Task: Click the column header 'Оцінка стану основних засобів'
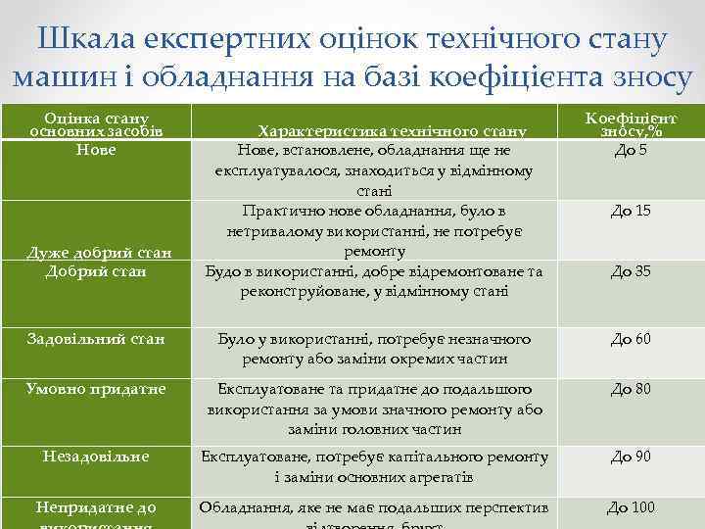click(95, 123)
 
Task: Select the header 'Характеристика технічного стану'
click(392, 130)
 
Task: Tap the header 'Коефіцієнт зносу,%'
click(631, 123)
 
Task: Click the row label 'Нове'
click(95, 150)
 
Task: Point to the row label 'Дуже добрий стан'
click(95, 254)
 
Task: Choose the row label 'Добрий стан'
click(95, 270)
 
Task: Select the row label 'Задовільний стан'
click(95, 340)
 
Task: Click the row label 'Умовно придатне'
click(95, 390)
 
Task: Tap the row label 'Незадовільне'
click(95, 457)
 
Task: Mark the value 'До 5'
click(631, 150)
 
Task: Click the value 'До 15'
click(631, 211)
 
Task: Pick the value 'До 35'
click(631, 271)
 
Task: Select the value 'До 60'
click(631, 340)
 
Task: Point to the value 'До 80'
click(631, 390)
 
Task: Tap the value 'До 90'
click(631, 457)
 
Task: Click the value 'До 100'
click(631, 507)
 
